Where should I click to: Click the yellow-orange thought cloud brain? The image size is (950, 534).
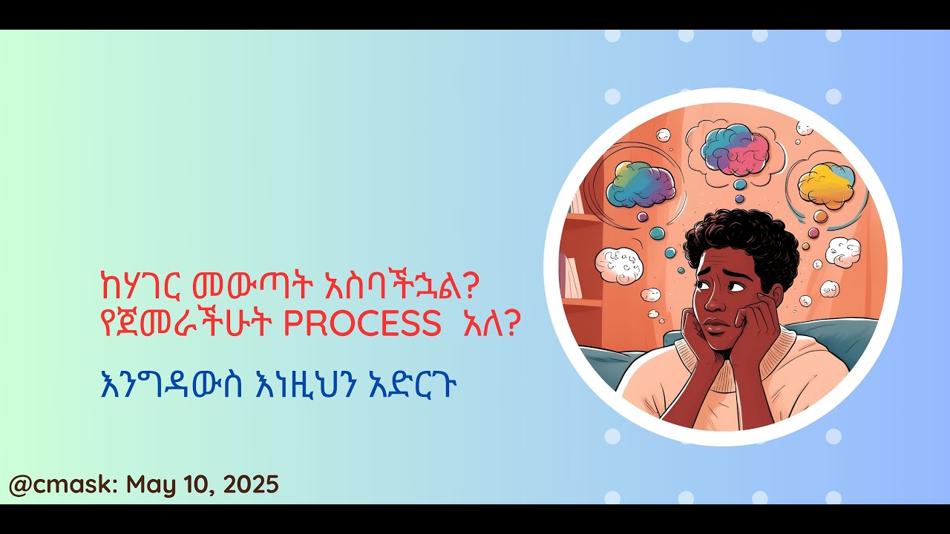pos(825,184)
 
